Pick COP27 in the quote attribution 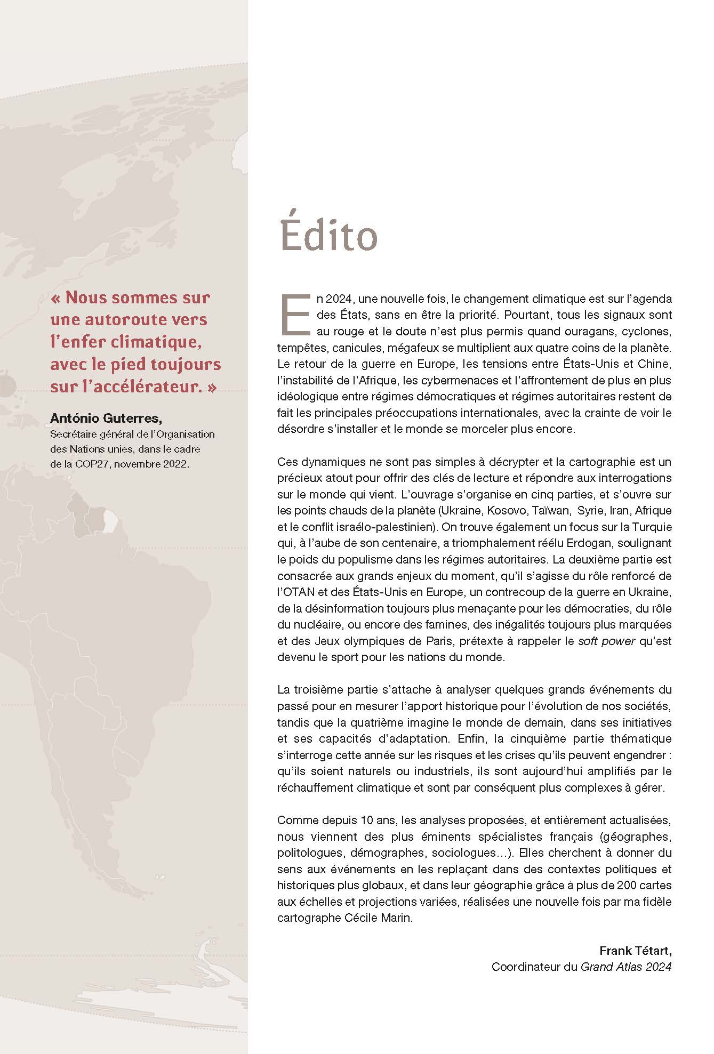[93, 464]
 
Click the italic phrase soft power [607, 641]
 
